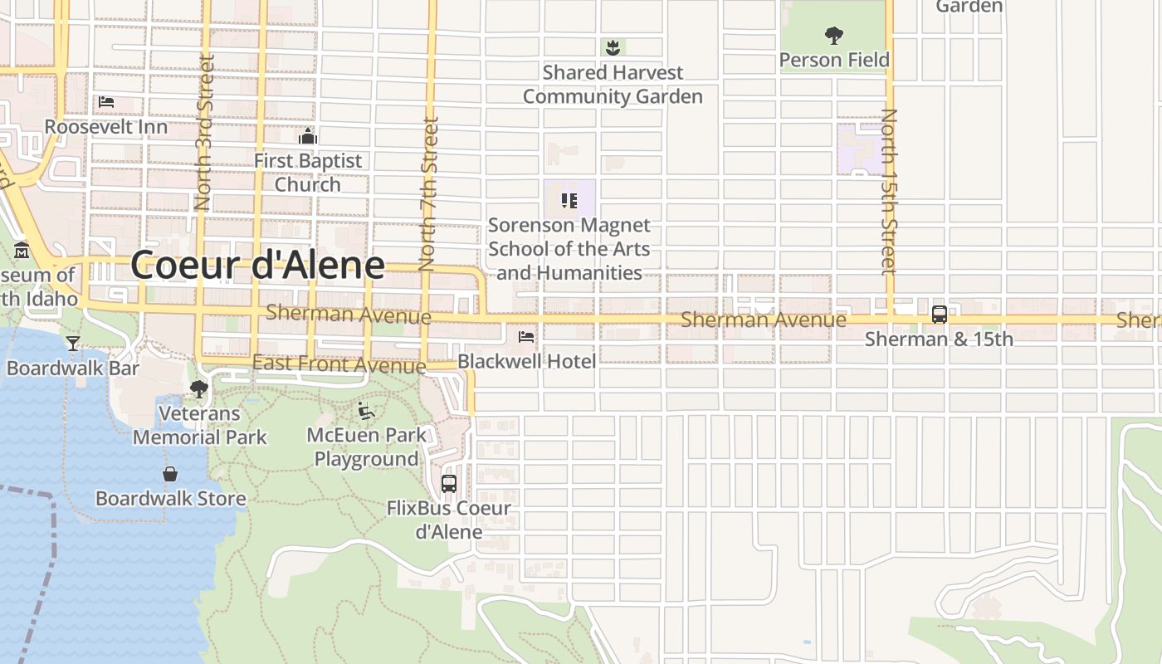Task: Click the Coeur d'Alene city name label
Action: point(257,265)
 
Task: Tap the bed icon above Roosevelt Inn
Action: point(106,103)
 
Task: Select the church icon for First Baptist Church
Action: point(308,136)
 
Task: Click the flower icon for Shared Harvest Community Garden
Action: point(613,47)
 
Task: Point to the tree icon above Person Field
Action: point(834,36)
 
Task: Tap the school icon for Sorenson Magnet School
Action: point(569,200)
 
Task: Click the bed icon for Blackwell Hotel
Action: point(526,337)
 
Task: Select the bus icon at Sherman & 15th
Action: point(939,315)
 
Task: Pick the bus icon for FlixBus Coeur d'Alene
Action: point(449,483)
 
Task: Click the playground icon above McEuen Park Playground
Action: point(365,411)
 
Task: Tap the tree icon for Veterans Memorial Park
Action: point(198,389)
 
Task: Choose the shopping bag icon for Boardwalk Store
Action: point(170,474)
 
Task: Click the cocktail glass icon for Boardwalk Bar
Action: point(73,343)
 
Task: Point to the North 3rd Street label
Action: point(203,133)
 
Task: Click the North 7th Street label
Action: point(428,194)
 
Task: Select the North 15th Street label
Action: point(889,191)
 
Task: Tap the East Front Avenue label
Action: point(339,364)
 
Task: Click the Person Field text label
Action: point(834,60)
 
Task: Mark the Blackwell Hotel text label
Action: point(526,361)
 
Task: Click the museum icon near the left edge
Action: point(22,250)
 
